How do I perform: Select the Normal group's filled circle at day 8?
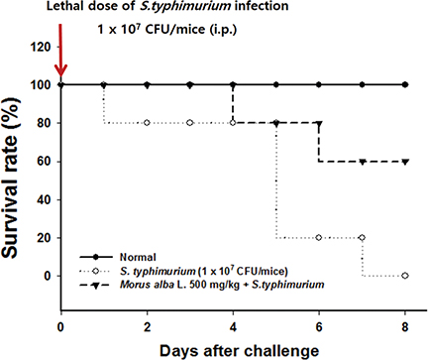coord(404,84)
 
